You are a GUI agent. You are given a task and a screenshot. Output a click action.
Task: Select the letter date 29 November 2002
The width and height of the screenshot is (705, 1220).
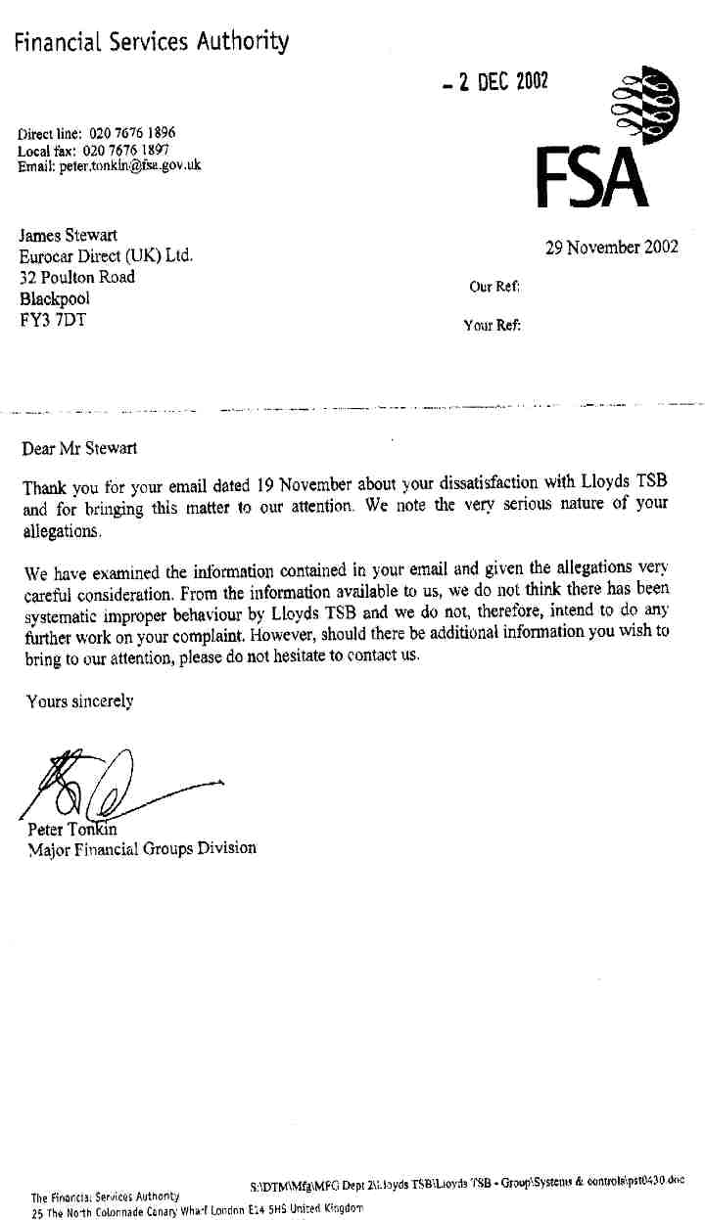[x=611, y=248]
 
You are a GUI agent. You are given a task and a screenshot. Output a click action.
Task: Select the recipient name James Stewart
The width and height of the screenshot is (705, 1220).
[x=68, y=236]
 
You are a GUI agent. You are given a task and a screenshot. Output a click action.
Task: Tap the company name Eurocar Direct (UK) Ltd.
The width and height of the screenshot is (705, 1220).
[x=106, y=256]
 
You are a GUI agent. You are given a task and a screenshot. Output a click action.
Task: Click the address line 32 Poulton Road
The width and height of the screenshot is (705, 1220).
[x=77, y=277]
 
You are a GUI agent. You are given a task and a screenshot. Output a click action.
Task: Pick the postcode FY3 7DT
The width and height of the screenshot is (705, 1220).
[x=53, y=318]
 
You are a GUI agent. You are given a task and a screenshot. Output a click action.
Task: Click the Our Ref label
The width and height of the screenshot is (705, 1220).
[x=494, y=287]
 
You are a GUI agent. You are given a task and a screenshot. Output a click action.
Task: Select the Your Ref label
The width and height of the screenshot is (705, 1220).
[x=492, y=326]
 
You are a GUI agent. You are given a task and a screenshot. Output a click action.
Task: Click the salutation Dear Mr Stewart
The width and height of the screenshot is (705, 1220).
[x=79, y=449]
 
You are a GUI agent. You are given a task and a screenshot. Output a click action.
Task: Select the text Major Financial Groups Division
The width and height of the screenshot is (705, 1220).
[x=142, y=848]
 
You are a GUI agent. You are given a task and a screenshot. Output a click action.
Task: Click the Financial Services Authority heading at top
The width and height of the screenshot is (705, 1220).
[x=151, y=41]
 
